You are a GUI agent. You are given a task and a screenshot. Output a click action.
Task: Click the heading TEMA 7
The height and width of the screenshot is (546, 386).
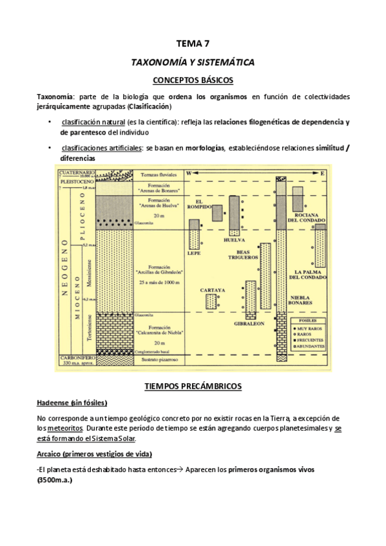[193, 44]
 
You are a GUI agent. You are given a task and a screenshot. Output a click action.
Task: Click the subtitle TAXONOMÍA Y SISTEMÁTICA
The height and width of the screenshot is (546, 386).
[193, 62]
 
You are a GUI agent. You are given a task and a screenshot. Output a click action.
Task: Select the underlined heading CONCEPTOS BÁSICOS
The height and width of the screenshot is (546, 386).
[193, 80]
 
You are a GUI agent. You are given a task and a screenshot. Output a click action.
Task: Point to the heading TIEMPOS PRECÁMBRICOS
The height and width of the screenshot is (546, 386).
[193, 386]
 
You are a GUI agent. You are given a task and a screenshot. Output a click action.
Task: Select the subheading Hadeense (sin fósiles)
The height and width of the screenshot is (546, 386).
[72, 402]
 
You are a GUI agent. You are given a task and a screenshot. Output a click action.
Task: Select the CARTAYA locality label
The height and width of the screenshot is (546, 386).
[212, 290]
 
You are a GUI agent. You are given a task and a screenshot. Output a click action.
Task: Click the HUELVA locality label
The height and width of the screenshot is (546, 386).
[231, 240]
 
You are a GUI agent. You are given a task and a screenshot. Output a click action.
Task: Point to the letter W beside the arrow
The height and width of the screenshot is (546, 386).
[189, 173]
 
